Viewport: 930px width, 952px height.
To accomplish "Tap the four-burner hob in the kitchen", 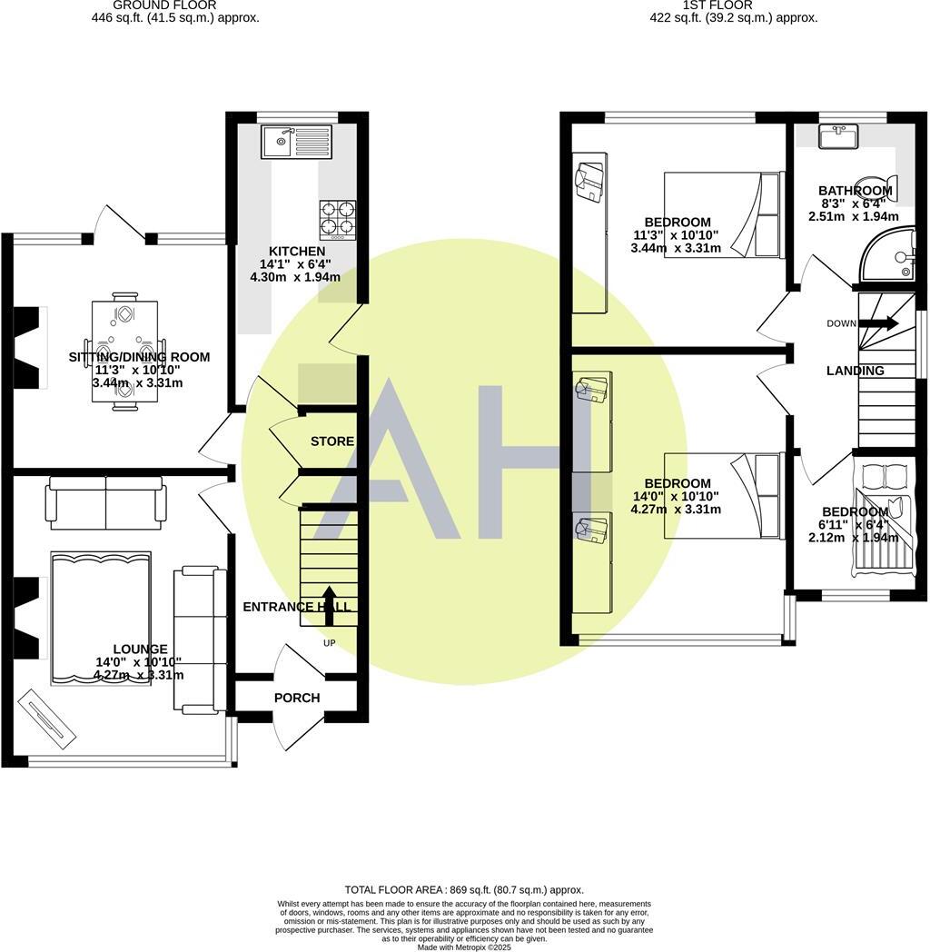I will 338,219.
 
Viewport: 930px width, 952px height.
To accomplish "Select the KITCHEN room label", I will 296,251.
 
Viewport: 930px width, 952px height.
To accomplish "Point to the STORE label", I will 332,441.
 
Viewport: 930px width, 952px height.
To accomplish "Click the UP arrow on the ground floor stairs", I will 329,606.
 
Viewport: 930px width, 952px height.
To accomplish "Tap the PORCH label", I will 297,698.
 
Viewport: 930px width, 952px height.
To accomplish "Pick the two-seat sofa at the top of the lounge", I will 106,502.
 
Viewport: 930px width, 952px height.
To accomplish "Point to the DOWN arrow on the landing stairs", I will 877,323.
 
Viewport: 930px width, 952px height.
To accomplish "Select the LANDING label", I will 855,371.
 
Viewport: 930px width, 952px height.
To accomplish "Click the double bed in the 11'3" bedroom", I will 723,214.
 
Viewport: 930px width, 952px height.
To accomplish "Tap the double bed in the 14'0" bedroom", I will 723,496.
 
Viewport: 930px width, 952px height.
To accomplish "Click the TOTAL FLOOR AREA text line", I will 464,890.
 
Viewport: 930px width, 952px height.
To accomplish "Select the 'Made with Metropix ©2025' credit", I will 464,947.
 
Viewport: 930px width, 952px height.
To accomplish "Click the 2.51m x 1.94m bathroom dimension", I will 854,216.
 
